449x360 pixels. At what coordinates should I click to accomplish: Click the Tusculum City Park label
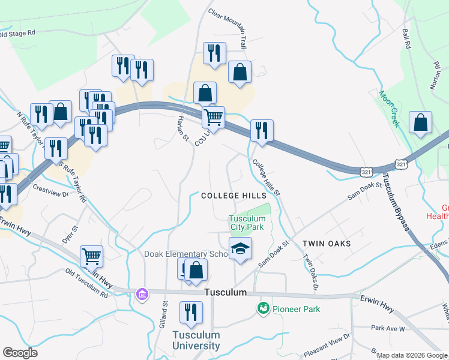tap(247, 223)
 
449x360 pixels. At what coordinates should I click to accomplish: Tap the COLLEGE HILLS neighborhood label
tap(234, 196)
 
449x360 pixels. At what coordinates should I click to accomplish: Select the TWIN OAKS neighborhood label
tap(326, 244)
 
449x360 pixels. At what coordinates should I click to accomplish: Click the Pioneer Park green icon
tap(263, 308)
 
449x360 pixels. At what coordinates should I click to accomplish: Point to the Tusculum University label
tap(196, 340)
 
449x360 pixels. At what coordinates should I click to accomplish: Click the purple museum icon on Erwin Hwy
tap(142, 294)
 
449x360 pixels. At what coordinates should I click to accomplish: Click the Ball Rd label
tap(407, 37)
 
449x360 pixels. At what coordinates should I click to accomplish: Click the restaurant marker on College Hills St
tap(262, 131)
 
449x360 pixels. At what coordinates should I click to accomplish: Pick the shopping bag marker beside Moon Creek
tap(420, 122)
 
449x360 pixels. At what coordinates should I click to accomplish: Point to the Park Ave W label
tap(388, 328)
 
